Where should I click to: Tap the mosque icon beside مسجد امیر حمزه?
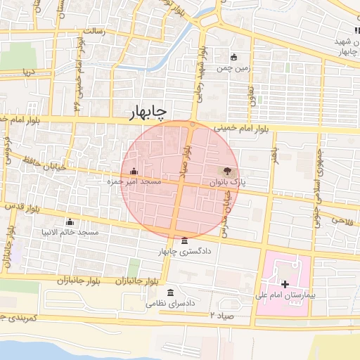tap(134, 171)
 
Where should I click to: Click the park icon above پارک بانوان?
tap(226, 171)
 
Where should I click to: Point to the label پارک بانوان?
tap(227, 181)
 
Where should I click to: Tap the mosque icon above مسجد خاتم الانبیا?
tap(69, 221)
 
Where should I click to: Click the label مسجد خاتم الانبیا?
tap(70, 232)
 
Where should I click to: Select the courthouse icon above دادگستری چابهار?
tap(184, 240)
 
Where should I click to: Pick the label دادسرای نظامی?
tap(170, 304)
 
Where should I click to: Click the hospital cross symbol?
tap(285, 285)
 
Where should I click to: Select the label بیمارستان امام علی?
tap(284, 295)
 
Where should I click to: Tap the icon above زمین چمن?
tap(234, 58)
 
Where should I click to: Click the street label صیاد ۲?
tap(221, 316)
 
